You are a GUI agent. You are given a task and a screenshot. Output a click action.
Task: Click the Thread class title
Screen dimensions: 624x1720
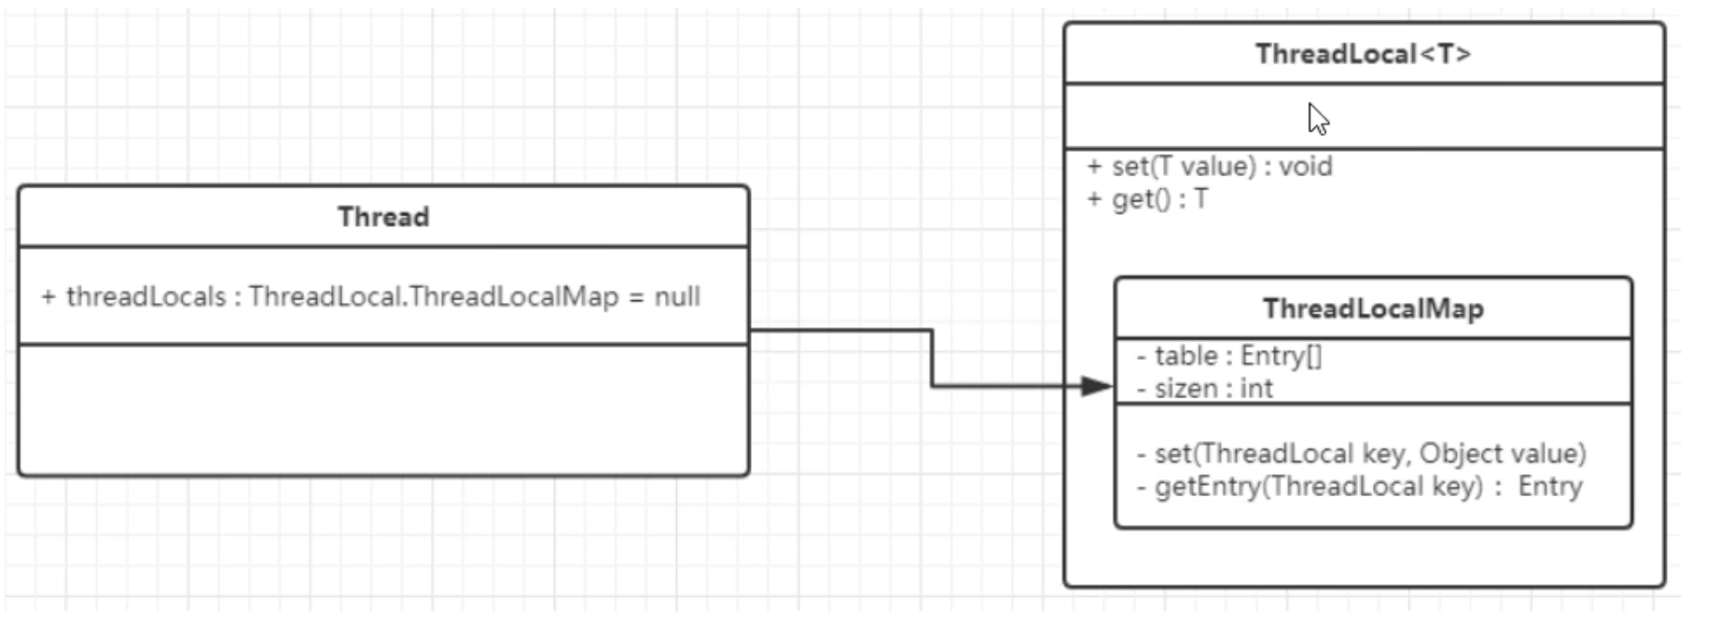pos(383,216)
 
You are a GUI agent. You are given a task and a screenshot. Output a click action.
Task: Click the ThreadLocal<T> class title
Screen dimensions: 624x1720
pos(1363,54)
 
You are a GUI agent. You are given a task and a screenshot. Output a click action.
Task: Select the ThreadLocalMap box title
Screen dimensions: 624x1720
pos(1373,309)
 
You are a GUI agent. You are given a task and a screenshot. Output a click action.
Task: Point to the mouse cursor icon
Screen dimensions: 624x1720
pos(1317,118)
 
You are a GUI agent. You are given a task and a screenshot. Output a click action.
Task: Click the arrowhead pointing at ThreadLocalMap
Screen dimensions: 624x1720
pos(1096,386)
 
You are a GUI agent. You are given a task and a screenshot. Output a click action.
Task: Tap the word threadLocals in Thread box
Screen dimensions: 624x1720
pos(146,297)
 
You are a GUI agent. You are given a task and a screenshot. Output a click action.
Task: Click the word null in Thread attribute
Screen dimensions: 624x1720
pos(677,297)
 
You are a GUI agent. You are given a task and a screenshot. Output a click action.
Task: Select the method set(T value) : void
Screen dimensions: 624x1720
pos(1210,167)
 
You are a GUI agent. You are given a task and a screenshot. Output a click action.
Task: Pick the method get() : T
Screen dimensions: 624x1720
pos(1147,200)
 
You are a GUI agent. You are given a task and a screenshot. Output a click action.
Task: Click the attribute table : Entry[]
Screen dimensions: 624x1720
pos(1229,356)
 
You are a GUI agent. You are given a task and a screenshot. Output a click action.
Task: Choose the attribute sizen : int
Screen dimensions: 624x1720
pos(1205,389)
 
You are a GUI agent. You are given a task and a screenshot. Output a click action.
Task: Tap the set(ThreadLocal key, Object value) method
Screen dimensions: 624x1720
pos(1362,454)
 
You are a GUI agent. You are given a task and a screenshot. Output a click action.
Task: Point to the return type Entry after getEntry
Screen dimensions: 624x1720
pos(1550,487)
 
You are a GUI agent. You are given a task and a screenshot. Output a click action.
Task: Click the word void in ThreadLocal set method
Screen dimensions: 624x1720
pos(1305,167)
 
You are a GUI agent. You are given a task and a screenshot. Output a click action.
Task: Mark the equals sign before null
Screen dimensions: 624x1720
pos(636,298)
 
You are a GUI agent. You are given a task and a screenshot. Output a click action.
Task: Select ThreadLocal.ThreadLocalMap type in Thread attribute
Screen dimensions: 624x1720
pos(434,297)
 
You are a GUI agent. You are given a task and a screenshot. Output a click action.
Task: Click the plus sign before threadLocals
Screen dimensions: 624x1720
pos(49,297)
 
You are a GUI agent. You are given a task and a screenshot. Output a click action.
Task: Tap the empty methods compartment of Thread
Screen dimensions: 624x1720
pos(383,410)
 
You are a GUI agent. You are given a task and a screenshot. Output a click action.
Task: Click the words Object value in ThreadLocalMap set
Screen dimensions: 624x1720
pos(1502,454)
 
